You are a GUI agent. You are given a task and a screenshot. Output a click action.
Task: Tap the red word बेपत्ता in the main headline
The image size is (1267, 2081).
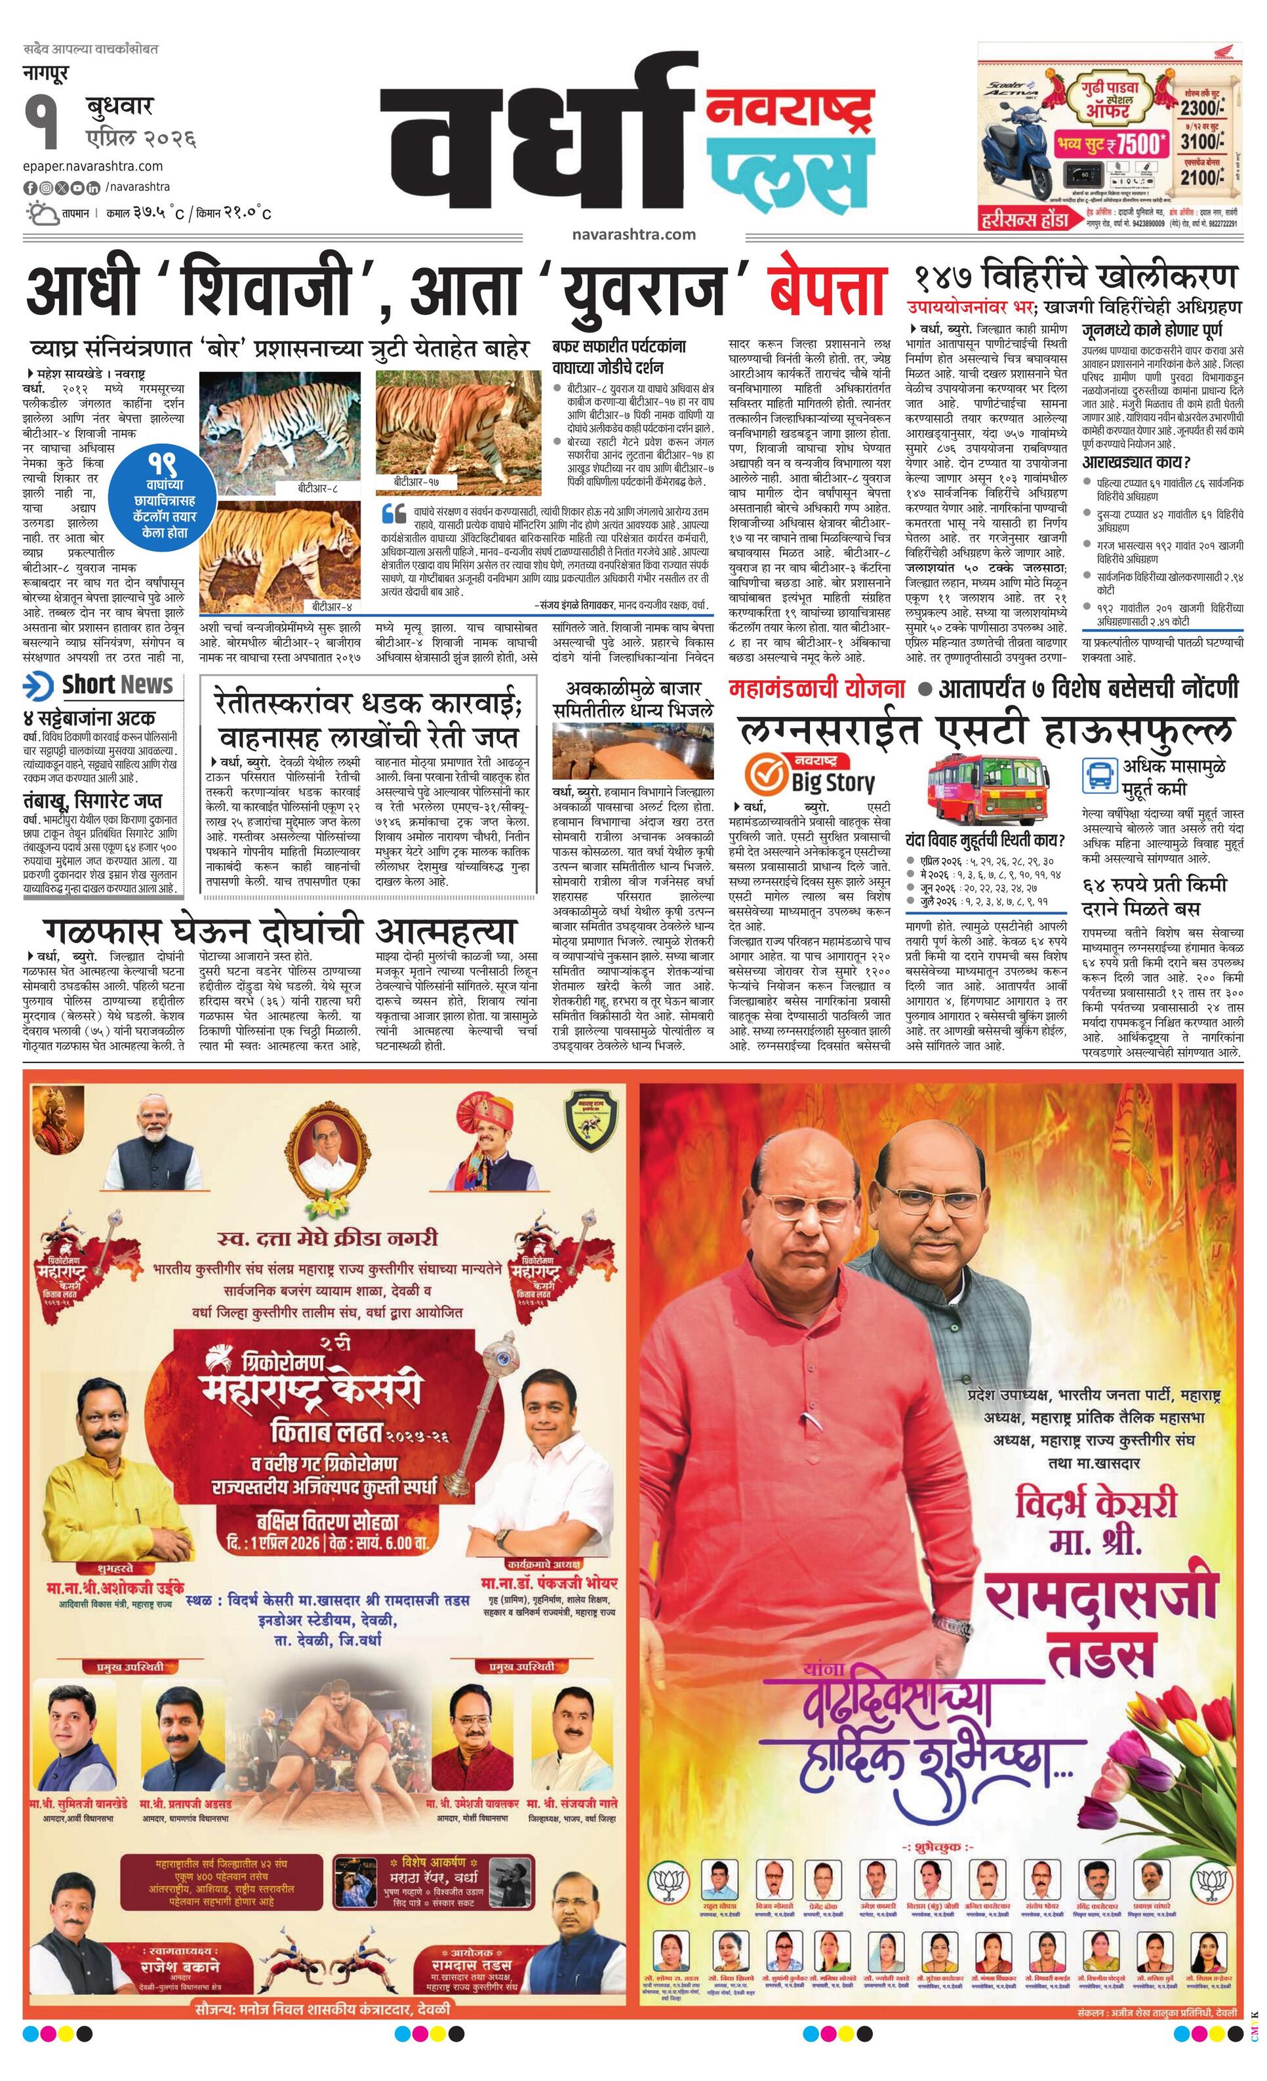click(x=827, y=290)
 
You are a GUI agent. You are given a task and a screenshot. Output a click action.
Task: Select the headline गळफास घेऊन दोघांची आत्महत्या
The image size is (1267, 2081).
click(x=279, y=930)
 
